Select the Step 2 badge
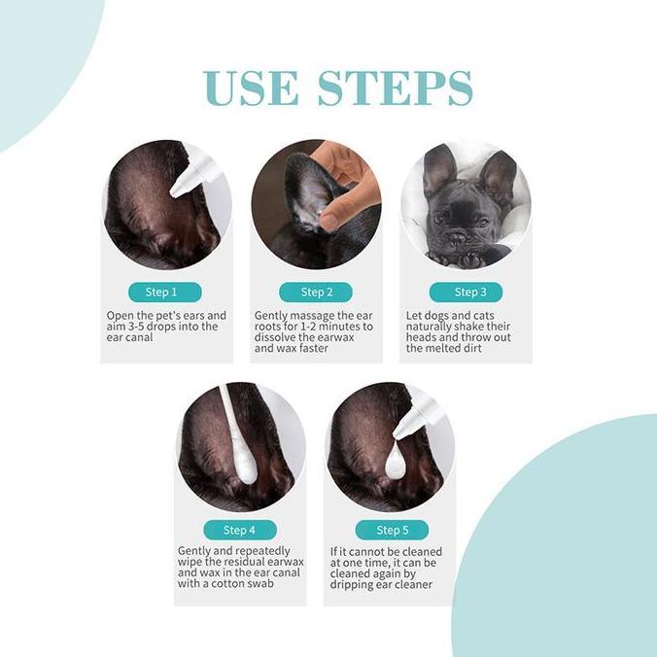pos(315,292)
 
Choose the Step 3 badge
pos(466,292)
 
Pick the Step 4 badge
pos(240,530)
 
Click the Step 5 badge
pos(392,530)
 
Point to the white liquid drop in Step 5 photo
pos(396,461)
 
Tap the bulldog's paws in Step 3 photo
pos(465,257)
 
